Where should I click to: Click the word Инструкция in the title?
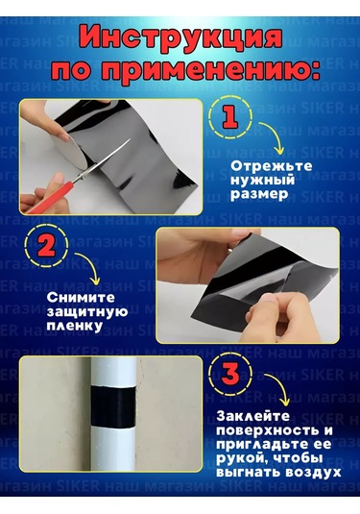180,38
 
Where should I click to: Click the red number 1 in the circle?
230,117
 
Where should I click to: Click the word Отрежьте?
272,166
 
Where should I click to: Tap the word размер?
259,194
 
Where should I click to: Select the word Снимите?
81,298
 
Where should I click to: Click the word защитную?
87,312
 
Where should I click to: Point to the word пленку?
74,327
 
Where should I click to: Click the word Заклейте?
253,416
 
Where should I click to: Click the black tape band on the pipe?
113,406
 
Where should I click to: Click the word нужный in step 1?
262,181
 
